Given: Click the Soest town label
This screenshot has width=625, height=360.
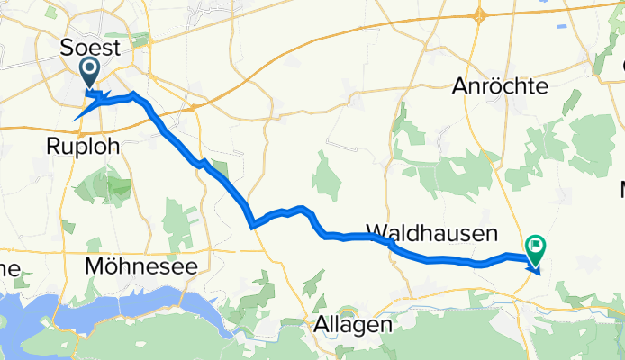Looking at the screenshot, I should point(89,48).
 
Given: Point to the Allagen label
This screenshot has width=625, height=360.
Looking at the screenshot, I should point(352,324).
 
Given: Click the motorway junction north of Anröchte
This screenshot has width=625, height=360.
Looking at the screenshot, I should point(479,14).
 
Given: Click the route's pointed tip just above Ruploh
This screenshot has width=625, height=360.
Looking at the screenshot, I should point(75,118).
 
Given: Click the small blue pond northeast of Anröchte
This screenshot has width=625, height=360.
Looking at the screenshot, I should point(562,26).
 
